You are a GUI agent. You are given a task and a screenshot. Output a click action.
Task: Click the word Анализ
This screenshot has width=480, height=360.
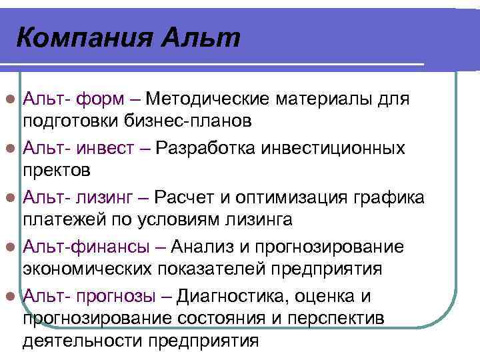click(201, 247)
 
